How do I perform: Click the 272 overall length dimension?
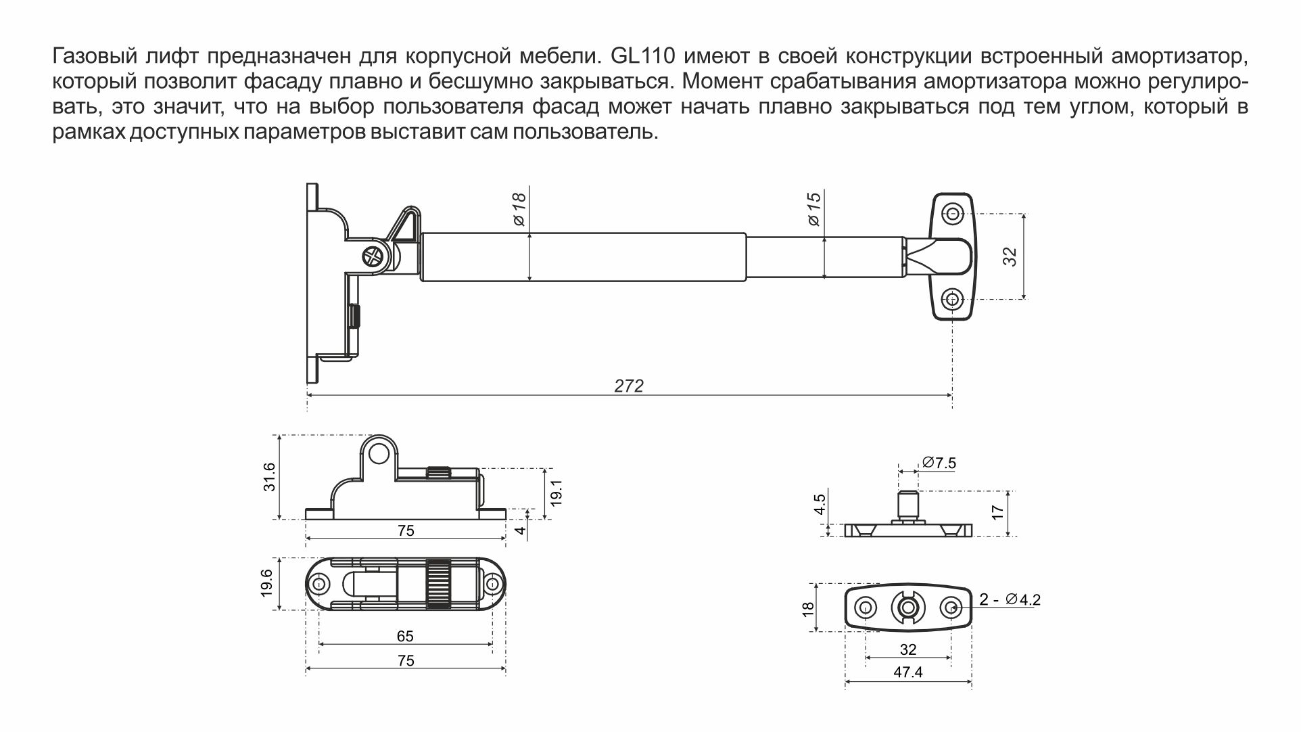point(629,386)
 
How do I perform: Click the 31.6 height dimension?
point(269,476)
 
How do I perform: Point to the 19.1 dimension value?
point(557,493)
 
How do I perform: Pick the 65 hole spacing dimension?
point(405,636)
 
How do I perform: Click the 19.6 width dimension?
point(266,583)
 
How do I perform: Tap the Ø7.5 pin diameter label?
point(939,463)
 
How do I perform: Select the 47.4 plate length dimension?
point(907,672)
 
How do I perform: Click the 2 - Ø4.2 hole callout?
point(1010,599)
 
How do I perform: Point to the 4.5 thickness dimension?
point(820,504)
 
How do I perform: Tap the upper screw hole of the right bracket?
point(953,214)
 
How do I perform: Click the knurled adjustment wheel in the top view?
point(438,583)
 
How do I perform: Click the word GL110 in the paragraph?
point(638,55)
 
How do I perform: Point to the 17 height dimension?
point(997,512)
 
